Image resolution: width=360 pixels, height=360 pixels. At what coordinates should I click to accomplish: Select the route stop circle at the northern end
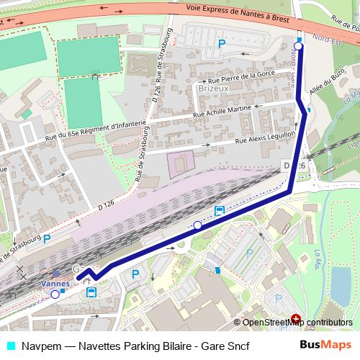(x=299, y=47)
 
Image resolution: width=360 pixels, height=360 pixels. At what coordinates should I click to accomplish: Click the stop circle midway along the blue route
(x=198, y=225)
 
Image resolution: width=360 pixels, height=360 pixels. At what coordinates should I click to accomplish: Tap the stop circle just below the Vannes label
(x=55, y=294)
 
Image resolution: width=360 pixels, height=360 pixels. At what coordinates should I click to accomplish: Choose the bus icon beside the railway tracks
(x=219, y=211)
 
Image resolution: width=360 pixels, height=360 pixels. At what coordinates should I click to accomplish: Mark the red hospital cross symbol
(x=296, y=318)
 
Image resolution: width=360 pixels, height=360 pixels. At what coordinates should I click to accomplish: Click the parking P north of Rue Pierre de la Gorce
(x=222, y=44)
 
